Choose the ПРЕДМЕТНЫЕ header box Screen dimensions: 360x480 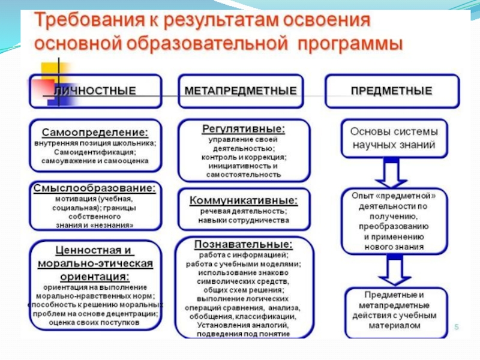tap(391, 91)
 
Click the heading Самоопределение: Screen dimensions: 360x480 tap(95, 131)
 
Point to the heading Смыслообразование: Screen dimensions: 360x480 tap(95, 188)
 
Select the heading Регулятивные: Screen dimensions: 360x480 tap(243, 128)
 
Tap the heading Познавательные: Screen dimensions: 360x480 tap(243, 244)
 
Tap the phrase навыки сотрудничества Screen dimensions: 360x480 tap(243, 220)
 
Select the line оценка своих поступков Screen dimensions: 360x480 tap(95, 322)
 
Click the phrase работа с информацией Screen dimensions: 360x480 tap(243, 254)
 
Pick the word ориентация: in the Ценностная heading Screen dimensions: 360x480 tap(95, 277)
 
